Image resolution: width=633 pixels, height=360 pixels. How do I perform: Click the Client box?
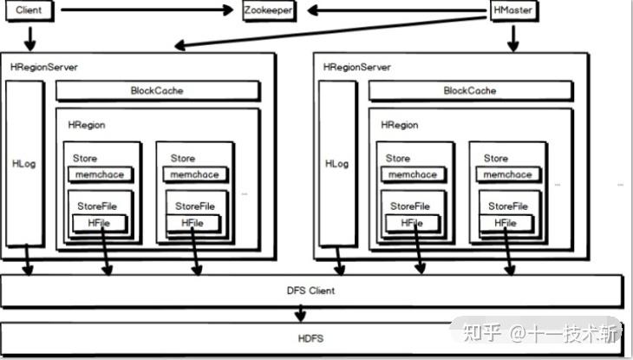tap(29, 11)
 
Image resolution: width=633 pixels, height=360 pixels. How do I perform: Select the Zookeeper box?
tap(268, 11)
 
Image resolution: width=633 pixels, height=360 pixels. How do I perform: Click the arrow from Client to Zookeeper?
tap(147, 11)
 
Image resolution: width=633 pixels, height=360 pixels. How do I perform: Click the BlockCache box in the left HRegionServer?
tap(157, 90)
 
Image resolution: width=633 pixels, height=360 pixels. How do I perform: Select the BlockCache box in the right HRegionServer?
tap(470, 90)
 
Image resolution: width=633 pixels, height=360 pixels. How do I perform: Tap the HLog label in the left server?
tap(23, 163)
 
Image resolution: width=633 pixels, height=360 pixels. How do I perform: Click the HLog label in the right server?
tap(336, 163)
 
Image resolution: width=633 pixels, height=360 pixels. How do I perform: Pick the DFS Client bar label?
tap(310, 291)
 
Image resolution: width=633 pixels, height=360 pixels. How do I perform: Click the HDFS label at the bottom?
tap(310, 338)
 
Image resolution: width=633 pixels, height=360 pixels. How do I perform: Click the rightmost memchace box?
tap(507, 174)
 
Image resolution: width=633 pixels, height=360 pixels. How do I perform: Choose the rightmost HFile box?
tap(505, 223)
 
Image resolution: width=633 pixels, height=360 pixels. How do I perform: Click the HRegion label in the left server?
tap(86, 125)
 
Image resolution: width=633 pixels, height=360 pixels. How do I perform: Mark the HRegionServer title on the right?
tap(356, 67)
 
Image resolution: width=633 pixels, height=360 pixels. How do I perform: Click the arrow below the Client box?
tap(29, 38)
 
